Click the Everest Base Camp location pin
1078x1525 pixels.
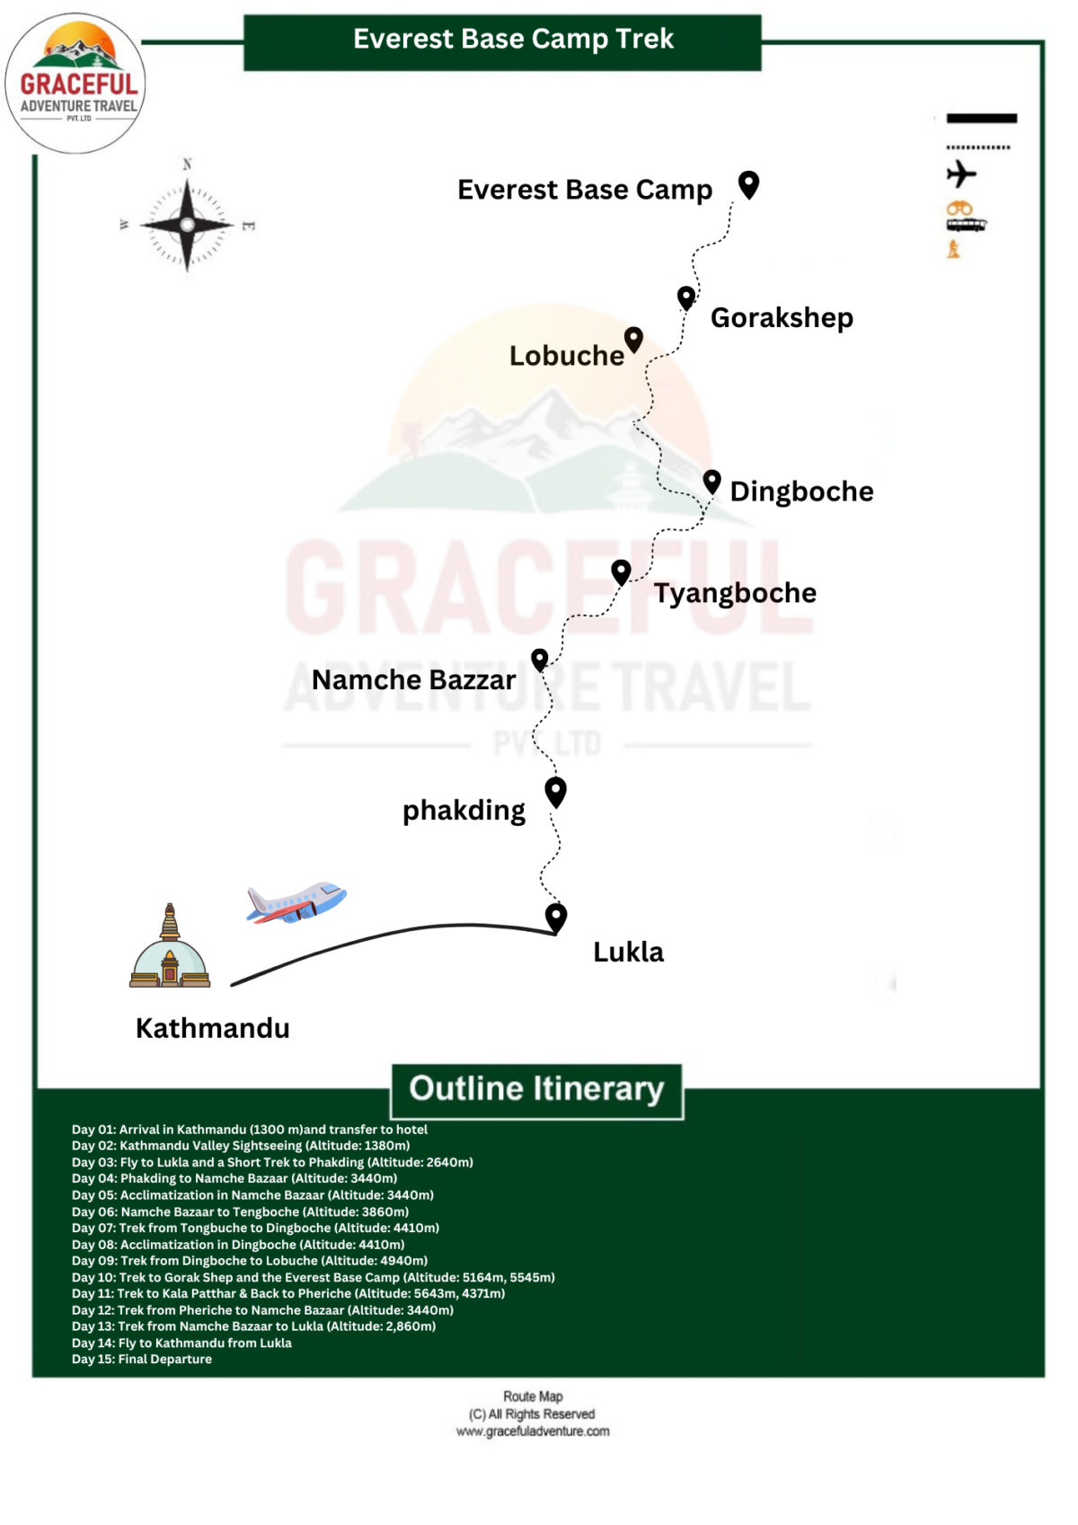pos(748,184)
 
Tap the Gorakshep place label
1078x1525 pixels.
pos(782,317)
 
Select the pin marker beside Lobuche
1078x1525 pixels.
pos(633,339)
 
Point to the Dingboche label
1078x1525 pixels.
pos(801,491)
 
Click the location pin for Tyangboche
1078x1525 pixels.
pos(621,571)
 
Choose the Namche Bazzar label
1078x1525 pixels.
pos(413,679)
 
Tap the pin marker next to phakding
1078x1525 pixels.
pos(556,791)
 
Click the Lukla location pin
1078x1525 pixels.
pos(556,917)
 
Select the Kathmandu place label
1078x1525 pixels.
pos(212,1027)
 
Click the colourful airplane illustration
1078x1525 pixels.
pos(296,902)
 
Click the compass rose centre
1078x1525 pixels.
pos(187,225)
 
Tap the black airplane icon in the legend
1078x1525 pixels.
pos(961,173)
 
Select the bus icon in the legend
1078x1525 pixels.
pos(966,224)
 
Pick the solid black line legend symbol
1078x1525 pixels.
pos(981,118)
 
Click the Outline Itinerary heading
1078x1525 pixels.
pos(536,1089)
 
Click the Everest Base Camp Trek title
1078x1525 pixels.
pos(513,39)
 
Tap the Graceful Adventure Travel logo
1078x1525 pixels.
pos(76,83)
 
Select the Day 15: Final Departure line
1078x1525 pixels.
pos(142,1359)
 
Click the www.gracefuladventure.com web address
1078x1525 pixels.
pos(532,1431)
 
